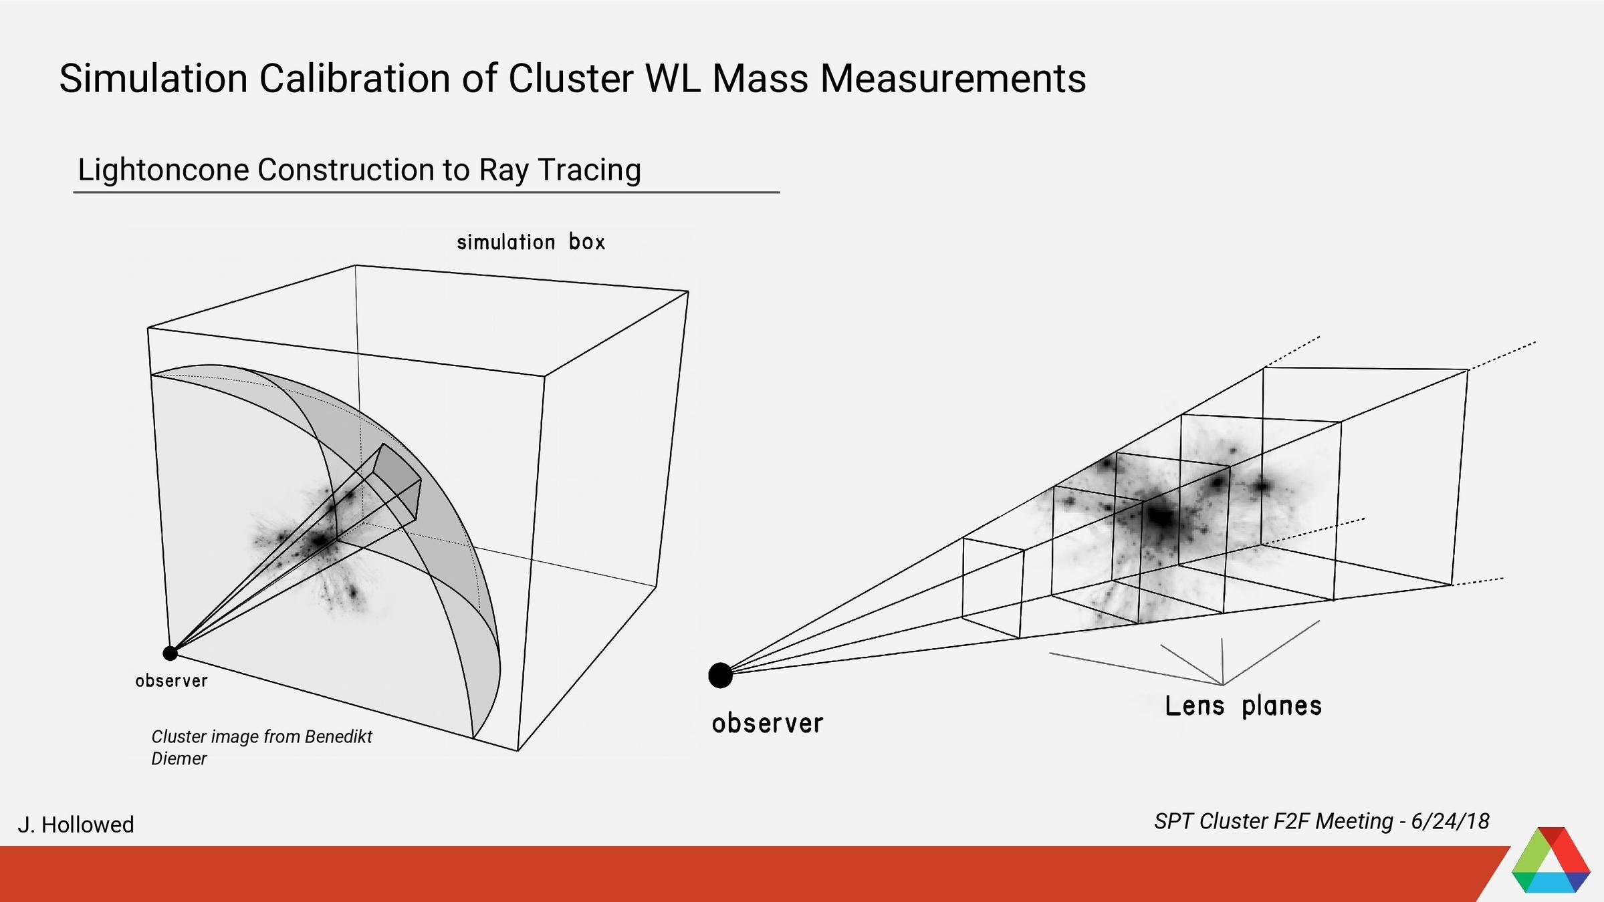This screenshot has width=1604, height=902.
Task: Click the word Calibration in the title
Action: coord(354,79)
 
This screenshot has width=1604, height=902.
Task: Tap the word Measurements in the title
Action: coord(953,79)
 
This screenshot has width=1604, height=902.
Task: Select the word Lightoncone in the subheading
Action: coord(162,170)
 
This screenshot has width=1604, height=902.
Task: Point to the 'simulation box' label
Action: coord(531,242)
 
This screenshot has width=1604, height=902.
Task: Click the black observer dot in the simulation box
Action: coord(170,653)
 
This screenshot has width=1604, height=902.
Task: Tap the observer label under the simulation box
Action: coord(172,681)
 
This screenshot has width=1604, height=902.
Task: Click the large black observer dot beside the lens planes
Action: coord(720,675)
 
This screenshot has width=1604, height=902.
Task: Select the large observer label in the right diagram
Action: coord(768,724)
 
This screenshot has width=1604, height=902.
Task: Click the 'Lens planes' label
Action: coord(1243,706)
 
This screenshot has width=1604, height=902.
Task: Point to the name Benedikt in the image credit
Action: coord(338,736)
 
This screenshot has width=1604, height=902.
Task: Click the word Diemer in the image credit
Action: coord(179,758)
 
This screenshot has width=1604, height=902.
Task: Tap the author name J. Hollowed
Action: coord(76,824)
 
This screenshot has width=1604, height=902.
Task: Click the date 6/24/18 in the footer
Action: coord(1450,821)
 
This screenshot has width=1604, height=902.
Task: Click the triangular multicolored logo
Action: coord(1550,862)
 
